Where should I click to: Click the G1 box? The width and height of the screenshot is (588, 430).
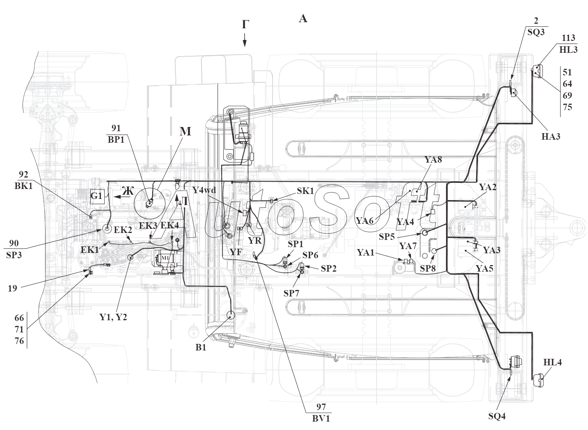[97, 196]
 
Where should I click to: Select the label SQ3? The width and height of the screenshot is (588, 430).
[536, 32]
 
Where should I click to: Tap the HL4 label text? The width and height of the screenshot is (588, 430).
[552, 363]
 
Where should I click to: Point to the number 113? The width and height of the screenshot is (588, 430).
[569, 38]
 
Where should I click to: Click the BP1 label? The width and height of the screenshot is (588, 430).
[116, 140]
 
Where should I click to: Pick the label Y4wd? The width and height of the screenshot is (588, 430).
[204, 190]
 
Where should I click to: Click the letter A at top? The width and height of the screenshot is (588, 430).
[303, 19]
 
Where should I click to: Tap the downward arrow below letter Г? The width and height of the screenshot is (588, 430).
[245, 40]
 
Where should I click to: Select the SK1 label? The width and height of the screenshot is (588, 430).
[305, 191]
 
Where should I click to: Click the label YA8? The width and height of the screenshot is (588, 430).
[434, 160]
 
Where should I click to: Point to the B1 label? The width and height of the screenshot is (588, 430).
[201, 347]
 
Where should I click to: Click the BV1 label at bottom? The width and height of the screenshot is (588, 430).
[321, 419]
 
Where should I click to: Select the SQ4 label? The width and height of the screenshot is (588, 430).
[497, 416]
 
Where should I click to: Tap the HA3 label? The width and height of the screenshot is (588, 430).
[551, 137]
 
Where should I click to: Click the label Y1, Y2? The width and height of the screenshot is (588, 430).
[113, 317]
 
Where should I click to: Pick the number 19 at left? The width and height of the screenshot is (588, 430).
[12, 288]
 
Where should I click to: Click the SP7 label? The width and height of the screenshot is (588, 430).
[291, 293]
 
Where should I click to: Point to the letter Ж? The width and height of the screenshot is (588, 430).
[128, 191]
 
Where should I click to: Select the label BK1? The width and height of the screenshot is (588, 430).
[24, 186]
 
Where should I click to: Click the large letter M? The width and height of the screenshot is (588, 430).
[185, 131]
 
